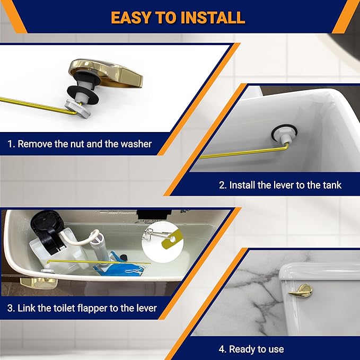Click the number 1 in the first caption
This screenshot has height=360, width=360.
point(10,144)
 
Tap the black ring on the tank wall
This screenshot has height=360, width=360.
point(279,134)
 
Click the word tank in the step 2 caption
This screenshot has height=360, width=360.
point(331,185)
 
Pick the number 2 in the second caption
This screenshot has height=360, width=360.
point(222,185)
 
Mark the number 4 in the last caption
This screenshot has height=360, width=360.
point(222,349)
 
